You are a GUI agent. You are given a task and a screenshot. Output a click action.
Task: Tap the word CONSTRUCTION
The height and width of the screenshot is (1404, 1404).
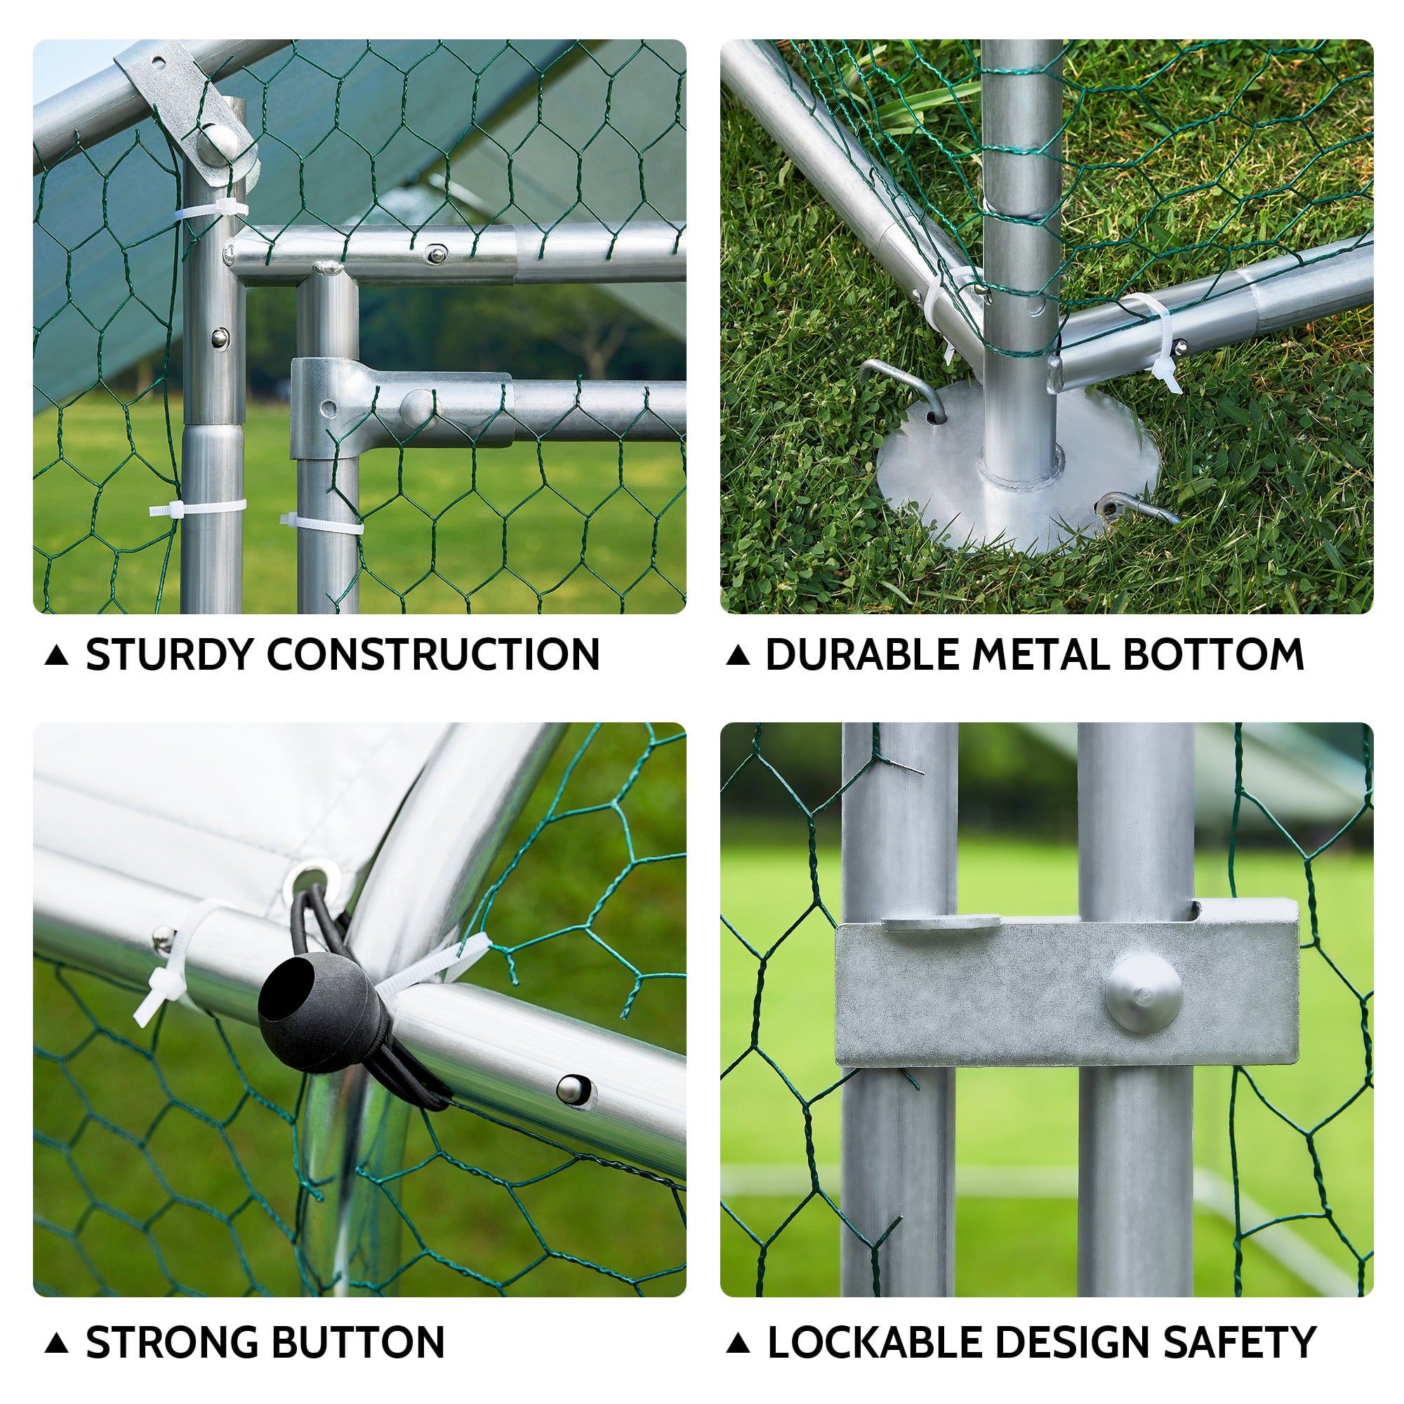433,655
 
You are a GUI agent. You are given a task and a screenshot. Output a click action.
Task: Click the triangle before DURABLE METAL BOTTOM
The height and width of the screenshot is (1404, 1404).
738,656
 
